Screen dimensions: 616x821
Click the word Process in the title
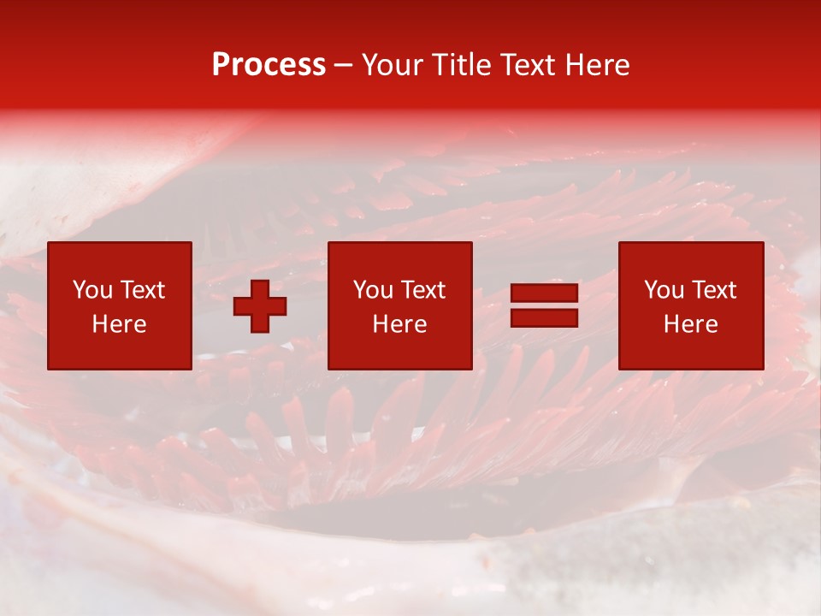pyautogui.click(x=269, y=65)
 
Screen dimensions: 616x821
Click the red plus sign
pyautogui.click(x=260, y=306)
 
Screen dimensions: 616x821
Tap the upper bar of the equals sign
pyautogui.click(x=544, y=293)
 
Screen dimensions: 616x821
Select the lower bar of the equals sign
pyautogui.click(x=544, y=317)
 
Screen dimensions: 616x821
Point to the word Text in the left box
pyautogui.click(x=142, y=290)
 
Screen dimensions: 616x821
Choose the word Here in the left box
pyautogui.click(x=119, y=324)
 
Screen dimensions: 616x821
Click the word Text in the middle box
pyautogui.click(x=422, y=290)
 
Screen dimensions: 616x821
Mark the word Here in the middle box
pyautogui.click(x=399, y=324)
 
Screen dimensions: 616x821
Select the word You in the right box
pyautogui.click(x=664, y=290)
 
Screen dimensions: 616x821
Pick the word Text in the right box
pyautogui.click(x=713, y=290)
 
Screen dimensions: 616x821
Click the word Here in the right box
pyautogui.click(x=690, y=324)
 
